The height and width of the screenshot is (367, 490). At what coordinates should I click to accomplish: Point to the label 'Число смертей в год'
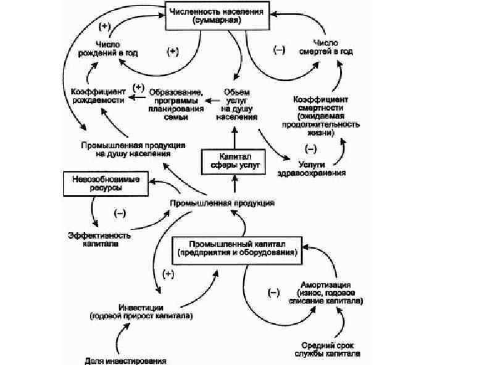pos(325,48)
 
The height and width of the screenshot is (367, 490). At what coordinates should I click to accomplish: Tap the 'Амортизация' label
pos(326,294)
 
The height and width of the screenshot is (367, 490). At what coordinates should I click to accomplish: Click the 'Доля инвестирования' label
pos(125,360)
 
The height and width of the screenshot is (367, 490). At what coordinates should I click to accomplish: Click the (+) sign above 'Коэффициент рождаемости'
pos(138,87)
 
